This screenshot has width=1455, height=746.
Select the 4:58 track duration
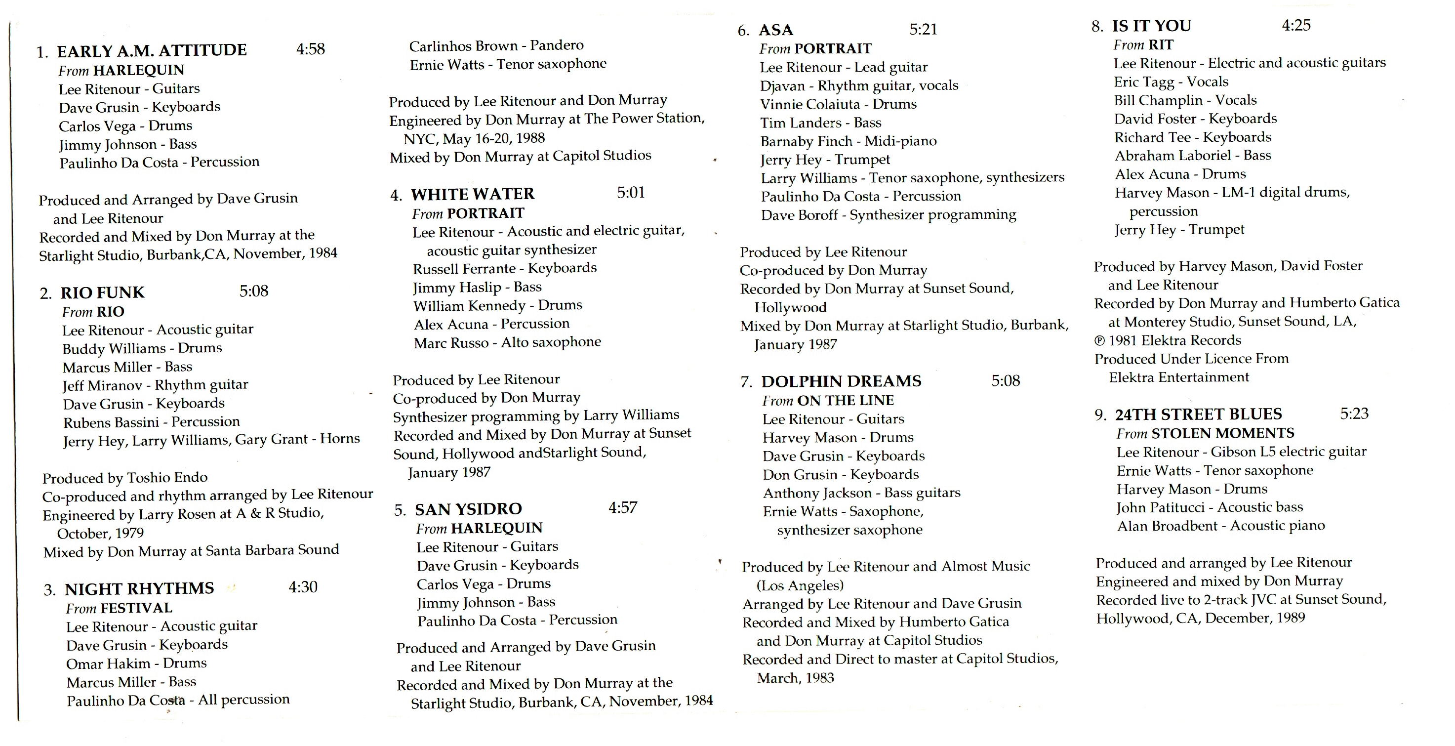pyautogui.click(x=310, y=49)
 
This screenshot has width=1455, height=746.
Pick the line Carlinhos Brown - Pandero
pyautogui.click(x=496, y=46)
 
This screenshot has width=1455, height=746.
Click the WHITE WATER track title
pyautogui.click(x=472, y=194)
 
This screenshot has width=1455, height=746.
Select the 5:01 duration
pyautogui.click(x=630, y=193)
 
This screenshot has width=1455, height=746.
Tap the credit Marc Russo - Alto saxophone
pyautogui.click(x=507, y=342)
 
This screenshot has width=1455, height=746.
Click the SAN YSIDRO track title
pyautogui.click(x=468, y=509)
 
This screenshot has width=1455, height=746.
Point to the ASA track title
pyautogui.click(x=775, y=30)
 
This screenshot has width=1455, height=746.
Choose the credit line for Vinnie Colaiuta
pyautogui.click(x=838, y=104)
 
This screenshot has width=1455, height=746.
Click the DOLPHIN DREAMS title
pyautogui.click(x=841, y=381)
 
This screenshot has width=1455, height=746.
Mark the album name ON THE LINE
pyautogui.click(x=845, y=400)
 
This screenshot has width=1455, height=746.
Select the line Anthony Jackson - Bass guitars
pyautogui.click(x=861, y=493)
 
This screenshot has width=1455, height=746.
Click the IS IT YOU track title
pyautogui.click(x=1151, y=26)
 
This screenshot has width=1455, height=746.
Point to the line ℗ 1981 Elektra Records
pyautogui.click(x=1167, y=340)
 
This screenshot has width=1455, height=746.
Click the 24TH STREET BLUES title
pyautogui.click(x=1198, y=414)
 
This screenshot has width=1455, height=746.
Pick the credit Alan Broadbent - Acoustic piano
pyautogui.click(x=1220, y=526)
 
